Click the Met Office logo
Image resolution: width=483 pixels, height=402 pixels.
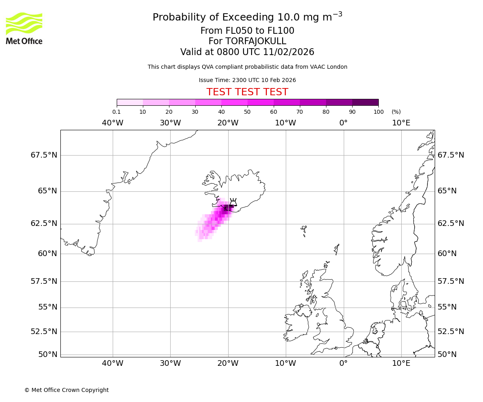click(x=24, y=28)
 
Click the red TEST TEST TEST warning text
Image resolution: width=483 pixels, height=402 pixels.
click(x=247, y=92)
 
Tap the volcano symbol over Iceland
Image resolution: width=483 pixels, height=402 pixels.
click(x=233, y=202)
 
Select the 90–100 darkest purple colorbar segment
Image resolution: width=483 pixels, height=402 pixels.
click(x=365, y=102)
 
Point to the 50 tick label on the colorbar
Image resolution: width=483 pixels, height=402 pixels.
click(x=247, y=112)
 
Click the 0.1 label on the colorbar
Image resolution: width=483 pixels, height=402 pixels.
click(x=116, y=112)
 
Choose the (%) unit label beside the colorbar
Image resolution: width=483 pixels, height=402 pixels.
click(x=396, y=112)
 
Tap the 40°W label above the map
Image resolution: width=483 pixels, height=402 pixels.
click(x=112, y=123)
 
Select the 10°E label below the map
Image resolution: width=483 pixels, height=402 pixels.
click(x=401, y=363)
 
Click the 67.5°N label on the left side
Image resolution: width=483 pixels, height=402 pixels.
click(x=44, y=155)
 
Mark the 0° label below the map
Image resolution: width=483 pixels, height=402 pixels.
click(x=343, y=363)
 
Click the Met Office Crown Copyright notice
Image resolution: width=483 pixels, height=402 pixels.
click(x=66, y=390)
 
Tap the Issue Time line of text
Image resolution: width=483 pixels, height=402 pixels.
click(x=247, y=80)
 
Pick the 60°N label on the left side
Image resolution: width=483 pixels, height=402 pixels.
click(x=47, y=253)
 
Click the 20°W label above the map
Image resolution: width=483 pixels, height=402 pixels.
click(x=228, y=123)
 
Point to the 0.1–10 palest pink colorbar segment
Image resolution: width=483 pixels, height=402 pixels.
click(x=130, y=102)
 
